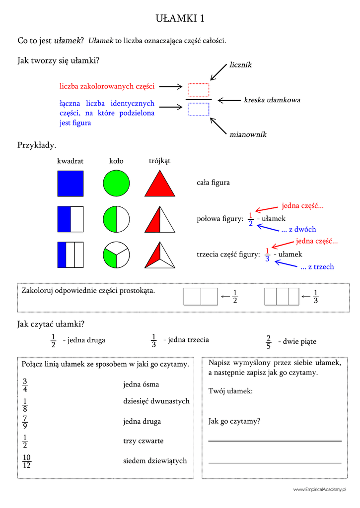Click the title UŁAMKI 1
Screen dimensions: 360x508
coord(180,18)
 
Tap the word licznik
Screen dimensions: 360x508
coord(240,65)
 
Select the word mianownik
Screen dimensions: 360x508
coord(248,134)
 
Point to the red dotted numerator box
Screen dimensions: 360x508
coord(199,90)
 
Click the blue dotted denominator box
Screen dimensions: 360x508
coord(199,109)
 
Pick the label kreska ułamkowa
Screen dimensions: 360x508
coord(272,100)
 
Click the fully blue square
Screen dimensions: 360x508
coord(71,184)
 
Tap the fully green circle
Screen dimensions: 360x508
coord(116,184)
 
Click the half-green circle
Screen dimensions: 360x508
coord(116,219)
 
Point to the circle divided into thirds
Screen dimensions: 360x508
coord(116,254)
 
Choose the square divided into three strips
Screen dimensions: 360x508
coord(71,254)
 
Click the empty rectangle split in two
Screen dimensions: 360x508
coord(201,297)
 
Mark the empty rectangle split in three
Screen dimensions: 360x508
coord(282,297)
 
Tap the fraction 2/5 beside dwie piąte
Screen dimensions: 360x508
coord(268,342)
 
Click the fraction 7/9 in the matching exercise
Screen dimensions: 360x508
coord(25,422)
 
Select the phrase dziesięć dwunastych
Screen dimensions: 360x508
coord(156,401)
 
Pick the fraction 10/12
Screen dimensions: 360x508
coord(27,461)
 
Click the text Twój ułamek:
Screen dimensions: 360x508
coord(230,391)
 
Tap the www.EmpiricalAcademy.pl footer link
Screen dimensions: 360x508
coord(319,490)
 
